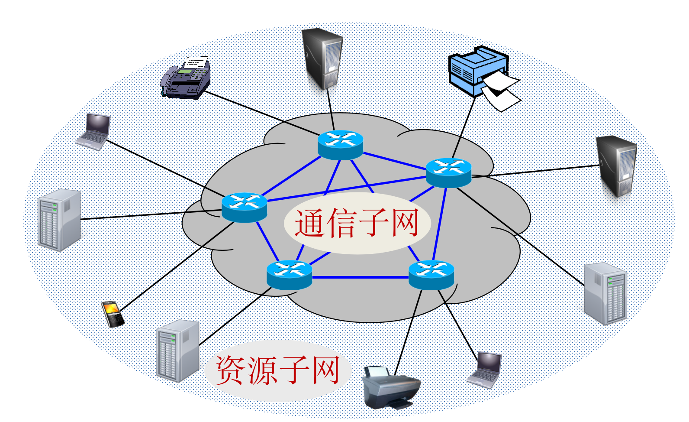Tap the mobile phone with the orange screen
pyautogui.click(x=113, y=314)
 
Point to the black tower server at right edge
pyautogui.click(x=616, y=166)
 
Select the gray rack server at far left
pyautogui.click(x=59, y=220)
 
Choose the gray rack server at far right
pyautogui.click(x=605, y=293)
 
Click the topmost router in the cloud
pyautogui.click(x=340, y=145)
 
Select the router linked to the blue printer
pyautogui.click(x=448, y=172)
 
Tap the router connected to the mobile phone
pyautogui.click(x=244, y=207)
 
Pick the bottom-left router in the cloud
pyautogui.click(x=289, y=275)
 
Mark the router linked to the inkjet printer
pyautogui.click(x=431, y=275)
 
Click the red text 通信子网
pyautogui.click(x=357, y=223)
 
